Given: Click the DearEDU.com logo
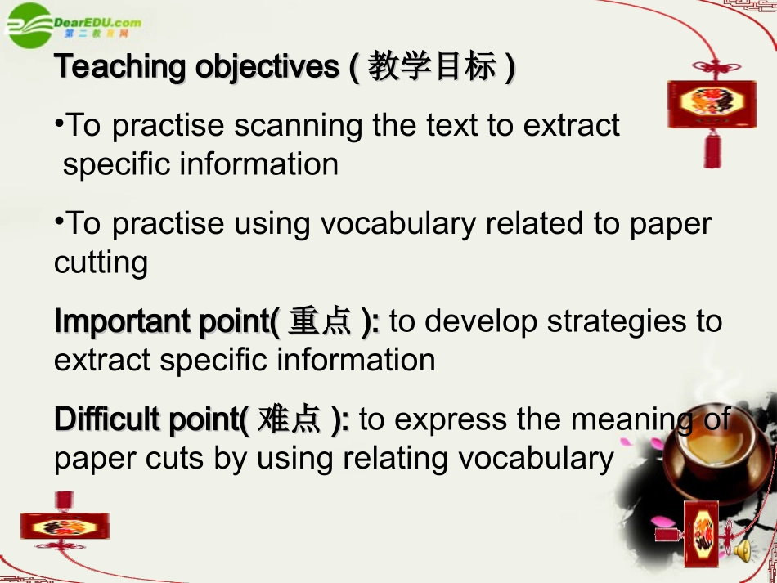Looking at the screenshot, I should click(74, 24).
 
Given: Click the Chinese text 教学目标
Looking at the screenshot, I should click(432, 67).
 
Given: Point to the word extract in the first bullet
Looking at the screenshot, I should click(571, 126).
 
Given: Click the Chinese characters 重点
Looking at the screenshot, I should click(320, 322).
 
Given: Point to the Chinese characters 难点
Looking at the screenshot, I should click(289, 419).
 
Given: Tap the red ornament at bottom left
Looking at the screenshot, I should click(65, 526).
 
